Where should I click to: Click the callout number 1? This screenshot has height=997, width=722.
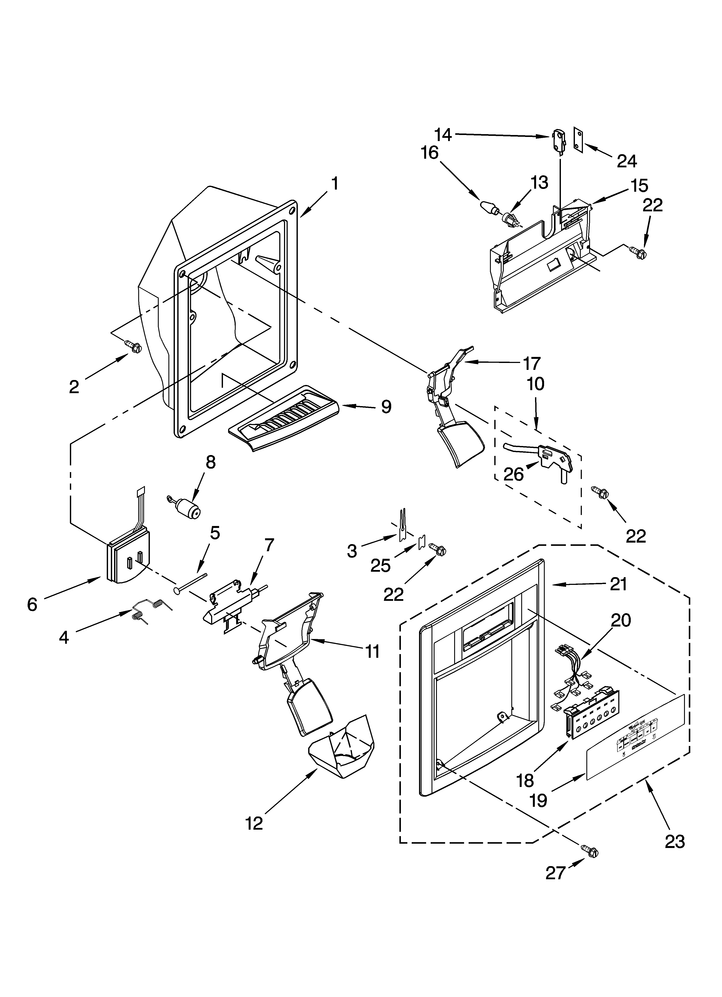335,184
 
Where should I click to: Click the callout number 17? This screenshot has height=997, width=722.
531,364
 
